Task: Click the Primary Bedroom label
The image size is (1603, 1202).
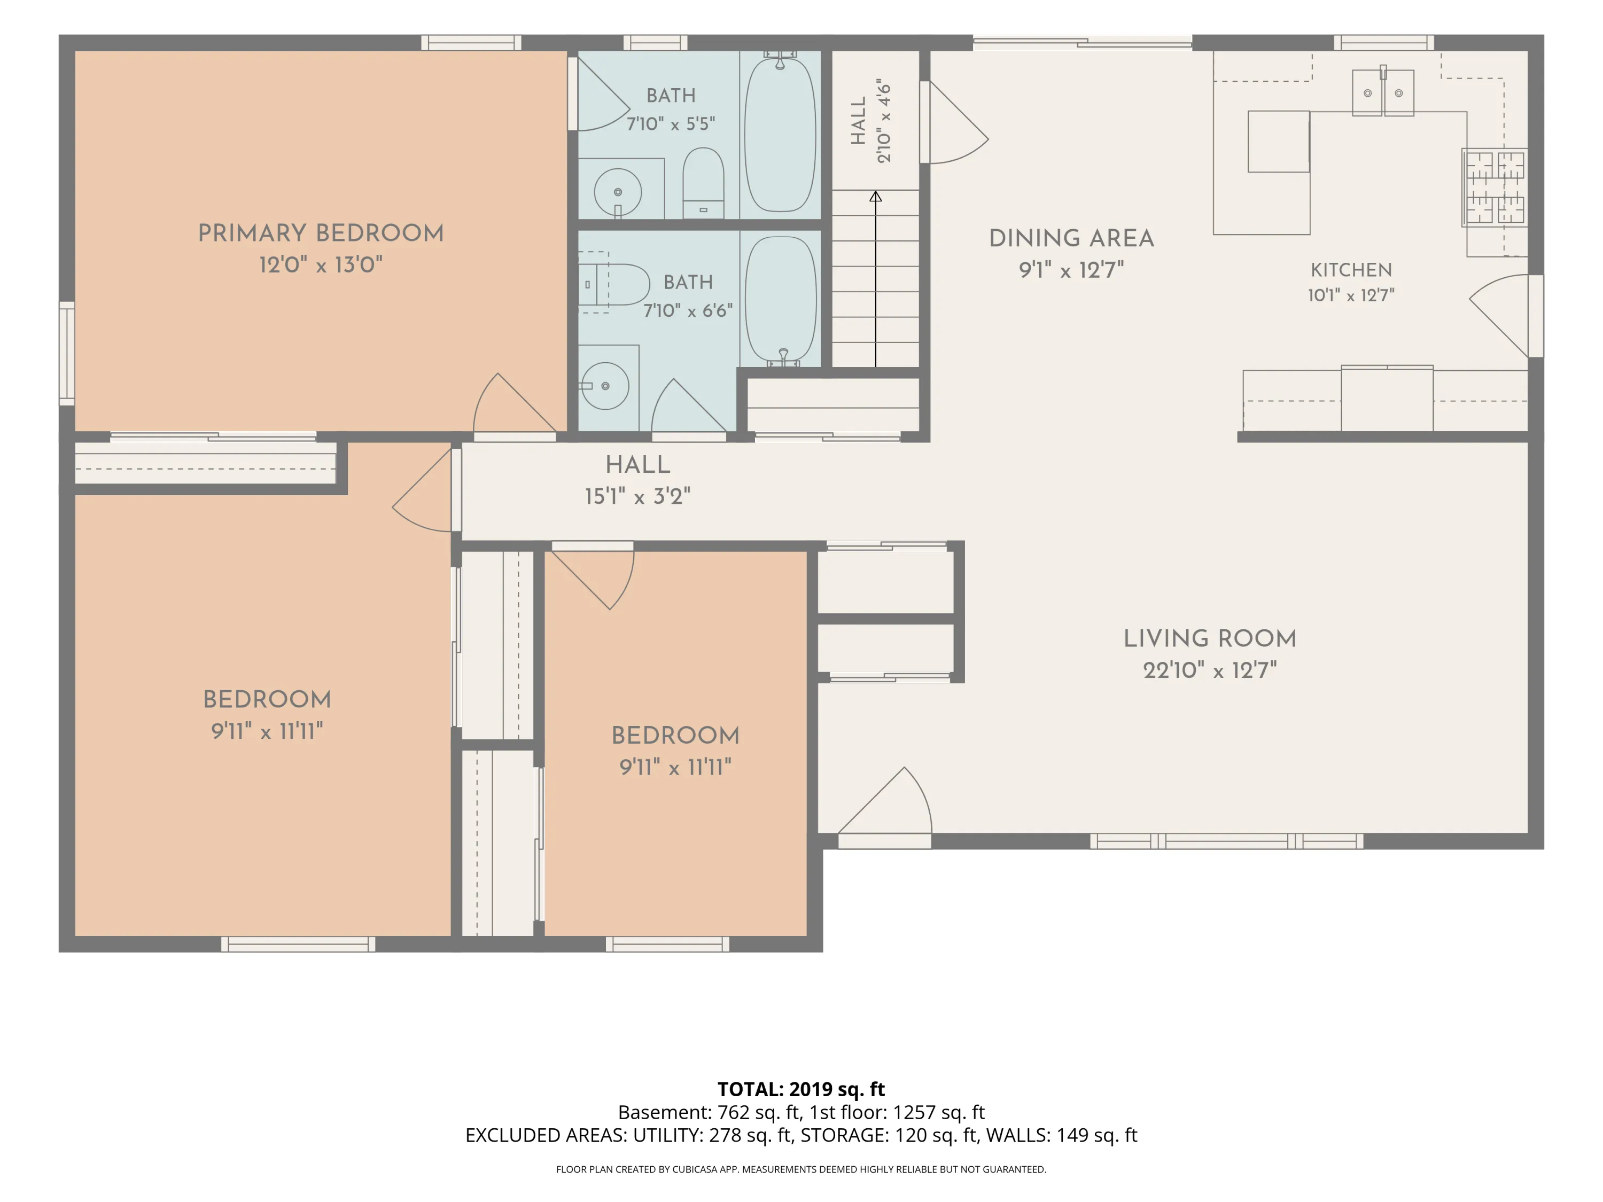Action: click(321, 233)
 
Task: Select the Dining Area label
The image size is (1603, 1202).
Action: click(1072, 238)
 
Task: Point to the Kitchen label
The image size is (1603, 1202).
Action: click(1351, 270)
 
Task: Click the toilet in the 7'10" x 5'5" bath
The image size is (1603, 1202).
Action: click(703, 183)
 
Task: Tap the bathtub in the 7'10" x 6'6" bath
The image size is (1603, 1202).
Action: click(781, 300)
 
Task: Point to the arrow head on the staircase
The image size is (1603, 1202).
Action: click(875, 197)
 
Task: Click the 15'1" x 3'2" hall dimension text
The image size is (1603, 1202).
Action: click(637, 496)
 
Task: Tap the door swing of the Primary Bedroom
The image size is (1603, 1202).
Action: click(515, 403)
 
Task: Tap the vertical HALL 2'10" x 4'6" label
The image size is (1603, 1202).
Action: click(871, 121)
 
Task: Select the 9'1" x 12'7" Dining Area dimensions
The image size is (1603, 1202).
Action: click(1072, 270)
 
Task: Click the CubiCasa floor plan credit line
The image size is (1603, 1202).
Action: click(801, 1169)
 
